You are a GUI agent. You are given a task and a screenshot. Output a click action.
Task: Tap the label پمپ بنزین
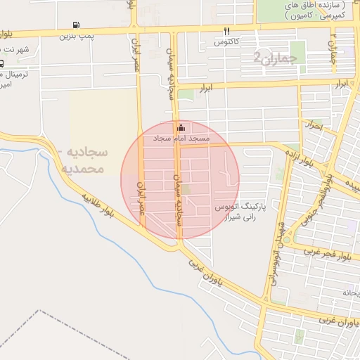(75, 34)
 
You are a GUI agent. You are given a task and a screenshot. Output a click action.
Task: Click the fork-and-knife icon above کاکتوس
(226, 31)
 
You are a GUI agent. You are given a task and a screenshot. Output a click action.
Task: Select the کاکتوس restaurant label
(228, 42)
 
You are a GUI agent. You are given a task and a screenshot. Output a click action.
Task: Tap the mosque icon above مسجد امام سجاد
(181, 128)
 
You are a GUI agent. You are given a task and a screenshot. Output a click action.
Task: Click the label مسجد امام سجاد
(181, 139)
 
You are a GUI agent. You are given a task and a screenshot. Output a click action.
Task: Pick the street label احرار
(314, 127)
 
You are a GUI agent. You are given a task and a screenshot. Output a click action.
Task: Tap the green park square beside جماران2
(298, 51)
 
